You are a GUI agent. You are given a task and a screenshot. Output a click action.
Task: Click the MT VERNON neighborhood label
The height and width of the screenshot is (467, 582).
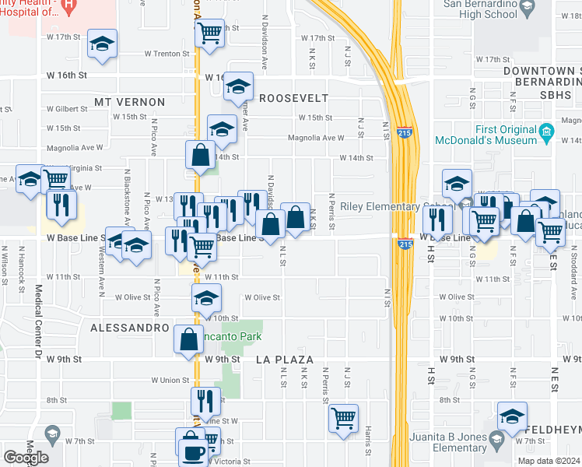(x=130, y=102)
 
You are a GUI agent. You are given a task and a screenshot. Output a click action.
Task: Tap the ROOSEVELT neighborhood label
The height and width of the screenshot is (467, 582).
(x=293, y=99)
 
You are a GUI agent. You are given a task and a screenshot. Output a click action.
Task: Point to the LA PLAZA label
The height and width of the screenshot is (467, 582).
(x=285, y=360)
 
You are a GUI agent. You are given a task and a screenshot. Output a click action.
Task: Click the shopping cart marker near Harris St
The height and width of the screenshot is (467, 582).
(x=342, y=418)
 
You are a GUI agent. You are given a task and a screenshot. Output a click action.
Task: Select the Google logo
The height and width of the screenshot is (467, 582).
(x=26, y=457)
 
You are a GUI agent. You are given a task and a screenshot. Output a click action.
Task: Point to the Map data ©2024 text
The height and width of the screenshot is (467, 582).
(x=548, y=461)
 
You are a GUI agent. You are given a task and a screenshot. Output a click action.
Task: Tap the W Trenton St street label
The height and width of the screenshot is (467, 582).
(x=167, y=54)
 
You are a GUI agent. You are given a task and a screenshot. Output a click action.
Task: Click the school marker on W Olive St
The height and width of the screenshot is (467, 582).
(x=207, y=298)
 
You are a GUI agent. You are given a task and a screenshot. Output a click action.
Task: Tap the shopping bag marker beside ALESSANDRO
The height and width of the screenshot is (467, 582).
(x=188, y=340)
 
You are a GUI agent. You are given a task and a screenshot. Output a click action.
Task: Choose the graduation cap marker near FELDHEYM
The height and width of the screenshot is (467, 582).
(x=512, y=416)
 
